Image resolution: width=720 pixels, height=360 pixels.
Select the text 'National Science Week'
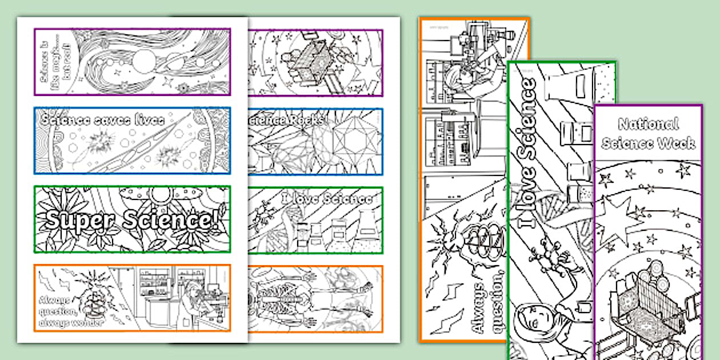(x=647, y=133)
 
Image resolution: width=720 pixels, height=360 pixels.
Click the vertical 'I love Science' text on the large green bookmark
(x=529, y=151)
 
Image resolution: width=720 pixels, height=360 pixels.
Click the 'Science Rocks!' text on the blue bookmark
(x=289, y=119)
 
